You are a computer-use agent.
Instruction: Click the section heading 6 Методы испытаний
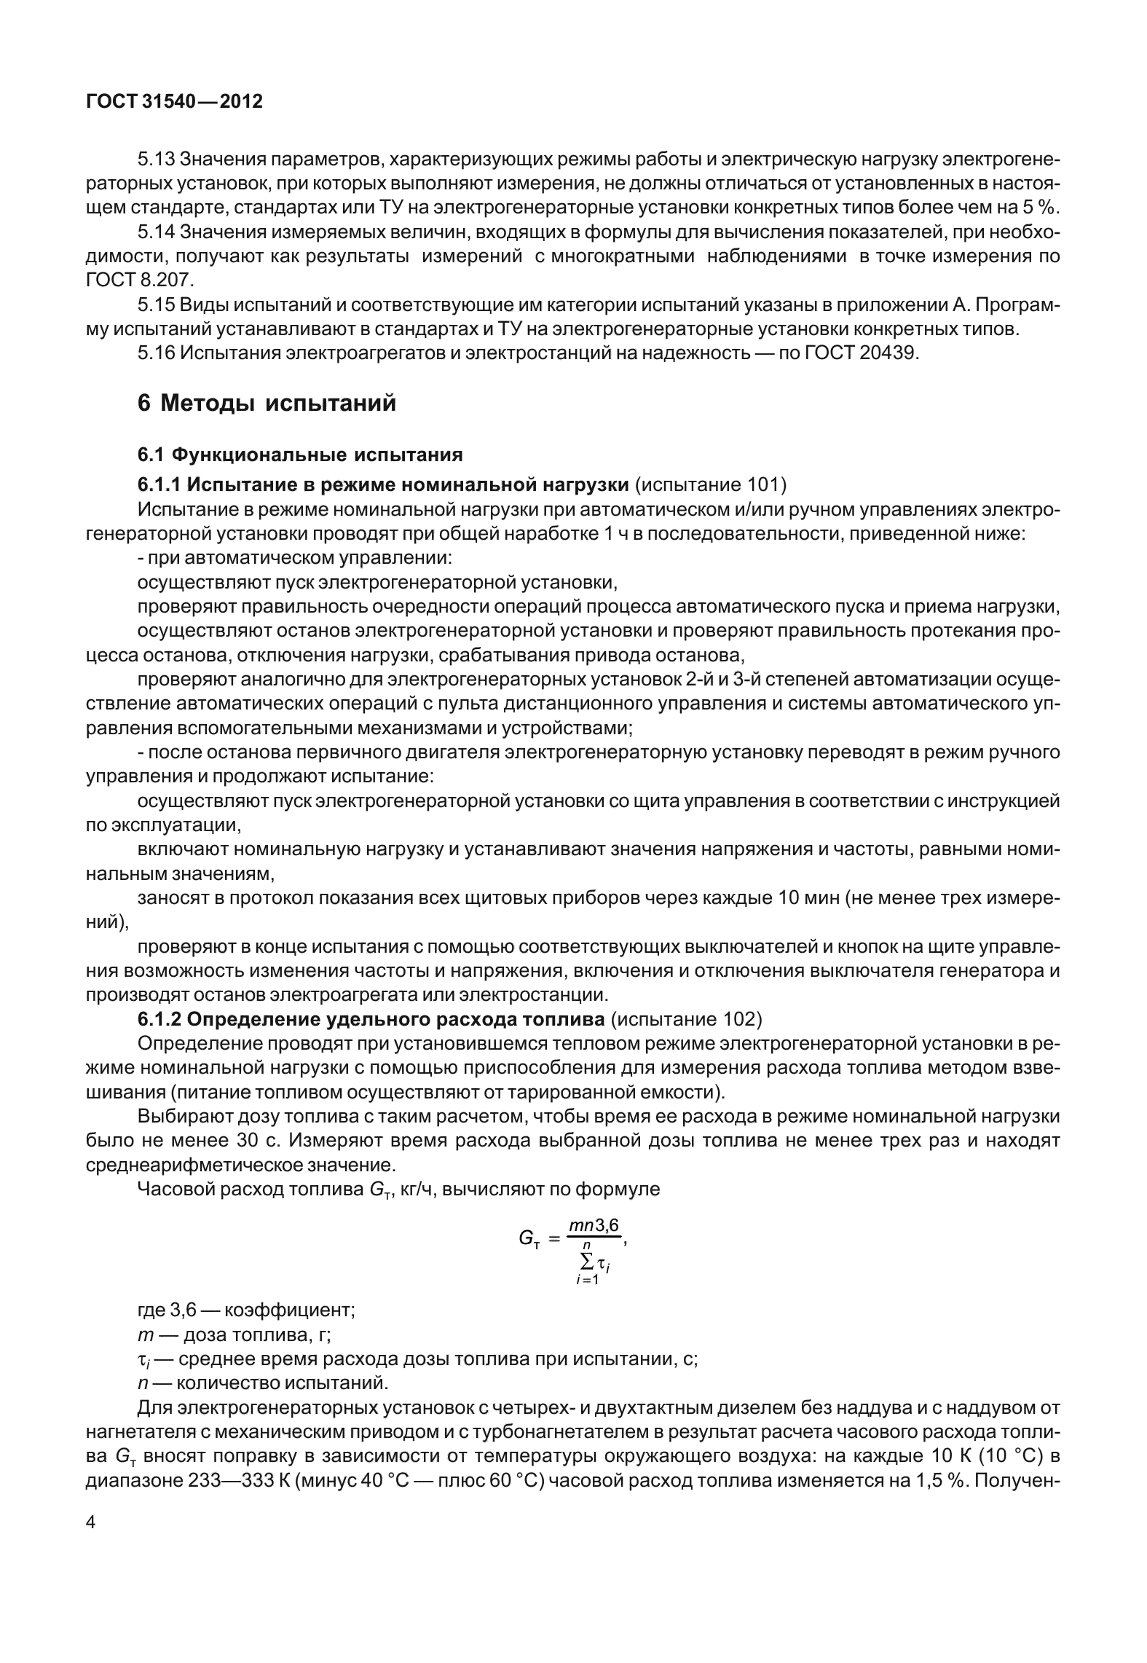pyautogui.click(x=267, y=403)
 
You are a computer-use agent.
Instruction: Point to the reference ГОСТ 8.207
pyautogui.click(x=140, y=280)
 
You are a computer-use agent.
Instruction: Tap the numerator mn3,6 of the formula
pyautogui.click(x=594, y=1225)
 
